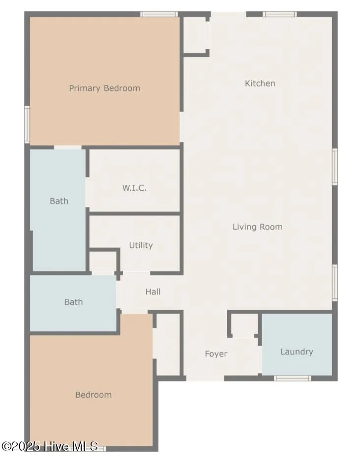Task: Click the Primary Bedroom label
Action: [x=104, y=88]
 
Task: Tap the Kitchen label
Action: [x=260, y=84]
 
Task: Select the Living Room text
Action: [x=257, y=227]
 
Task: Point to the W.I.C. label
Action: [x=134, y=188]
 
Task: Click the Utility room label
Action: [x=141, y=245]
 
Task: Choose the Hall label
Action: [x=153, y=292]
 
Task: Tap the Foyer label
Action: [x=216, y=354]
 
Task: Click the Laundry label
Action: [x=297, y=351]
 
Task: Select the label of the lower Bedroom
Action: [x=93, y=395]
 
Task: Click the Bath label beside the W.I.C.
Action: [x=59, y=201]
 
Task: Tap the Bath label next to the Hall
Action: [x=73, y=302]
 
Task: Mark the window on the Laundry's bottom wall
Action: [x=292, y=378]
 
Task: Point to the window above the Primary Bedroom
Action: [x=159, y=14]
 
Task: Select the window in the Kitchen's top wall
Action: [x=279, y=14]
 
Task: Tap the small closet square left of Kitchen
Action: [x=195, y=34]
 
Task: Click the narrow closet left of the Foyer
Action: [x=168, y=344]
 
